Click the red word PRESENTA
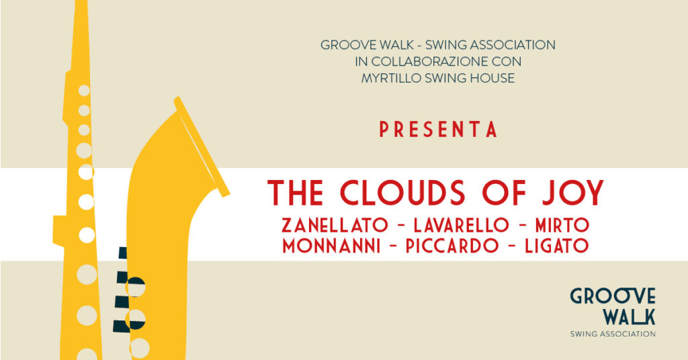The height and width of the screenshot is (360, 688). click(438, 130)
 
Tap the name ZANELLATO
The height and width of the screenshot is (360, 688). click(335, 226)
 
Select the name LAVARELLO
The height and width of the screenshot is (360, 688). click(461, 226)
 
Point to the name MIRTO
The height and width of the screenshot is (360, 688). click(562, 226)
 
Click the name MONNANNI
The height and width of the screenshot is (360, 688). click(331, 246)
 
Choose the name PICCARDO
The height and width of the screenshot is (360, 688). click(452, 246)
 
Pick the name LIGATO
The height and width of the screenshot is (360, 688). click(557, 246)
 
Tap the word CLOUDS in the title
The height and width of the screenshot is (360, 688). click(402, 193)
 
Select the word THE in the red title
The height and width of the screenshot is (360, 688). click(296, 193)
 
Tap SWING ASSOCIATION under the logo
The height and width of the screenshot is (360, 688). click(613, 334)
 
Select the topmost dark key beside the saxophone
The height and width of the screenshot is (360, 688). click(123, 253)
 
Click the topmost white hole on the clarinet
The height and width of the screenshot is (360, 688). click(84, 91)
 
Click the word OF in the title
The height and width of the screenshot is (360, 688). click(504, 193)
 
